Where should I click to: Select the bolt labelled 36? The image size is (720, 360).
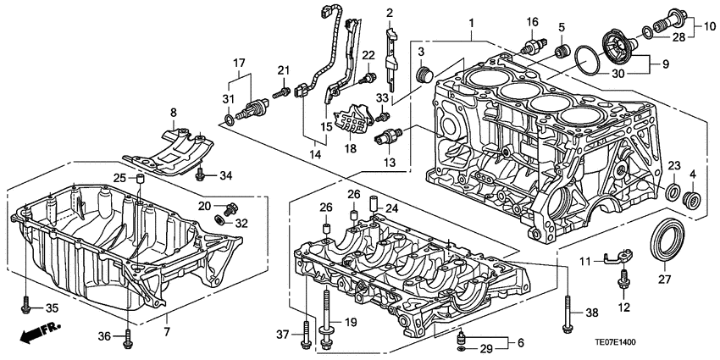(x=127, y=337)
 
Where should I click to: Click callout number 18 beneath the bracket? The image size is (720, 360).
(x=350, y=148)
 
